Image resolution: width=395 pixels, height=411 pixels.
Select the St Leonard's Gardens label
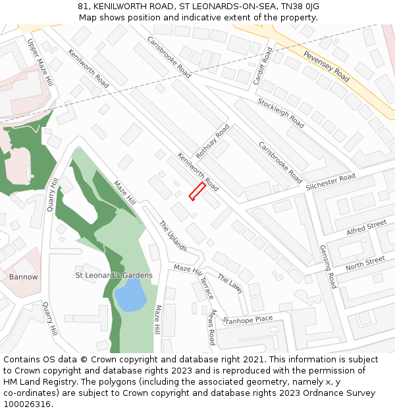tap(114, 276)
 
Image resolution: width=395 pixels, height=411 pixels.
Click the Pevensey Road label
tap(326, 66)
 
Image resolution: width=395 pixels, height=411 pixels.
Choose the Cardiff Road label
tap(263, 66)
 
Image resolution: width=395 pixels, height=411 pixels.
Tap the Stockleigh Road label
tap(281, 113)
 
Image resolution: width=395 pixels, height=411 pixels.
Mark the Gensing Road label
tap(327, 267)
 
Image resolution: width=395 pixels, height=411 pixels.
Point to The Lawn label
tap(230, 283)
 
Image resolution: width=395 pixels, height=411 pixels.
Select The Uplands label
tap(173, 236)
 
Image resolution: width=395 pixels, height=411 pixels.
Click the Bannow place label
tap(24, 277)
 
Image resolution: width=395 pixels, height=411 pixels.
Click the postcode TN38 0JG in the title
tap(299, 6)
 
